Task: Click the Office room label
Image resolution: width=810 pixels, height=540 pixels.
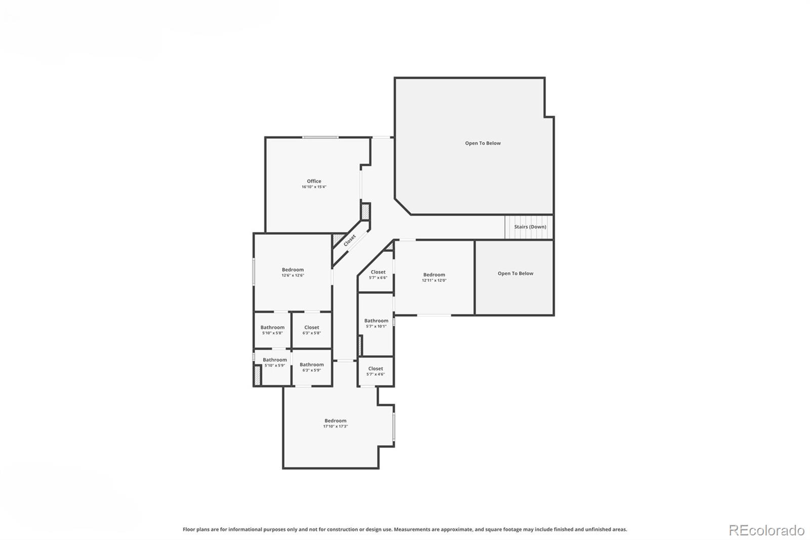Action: pos(314,181)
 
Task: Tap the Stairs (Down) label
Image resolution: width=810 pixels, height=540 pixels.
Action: pos(530,227)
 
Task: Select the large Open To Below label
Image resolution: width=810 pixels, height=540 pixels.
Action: pos(482,143)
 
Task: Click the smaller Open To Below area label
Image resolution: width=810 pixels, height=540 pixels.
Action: pos(515,274)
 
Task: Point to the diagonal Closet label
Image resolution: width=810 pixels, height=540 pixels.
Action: pos(349,241)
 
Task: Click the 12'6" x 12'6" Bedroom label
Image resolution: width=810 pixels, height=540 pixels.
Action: pos(293,270)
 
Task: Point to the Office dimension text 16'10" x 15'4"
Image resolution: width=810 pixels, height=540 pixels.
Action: pos(314,187)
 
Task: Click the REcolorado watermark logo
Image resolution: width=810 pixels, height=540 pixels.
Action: pos(766,530)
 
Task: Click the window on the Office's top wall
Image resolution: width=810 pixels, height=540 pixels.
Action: pos(320,137)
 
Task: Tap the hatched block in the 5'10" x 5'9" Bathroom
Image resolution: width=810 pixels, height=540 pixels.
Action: pos(257,375)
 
